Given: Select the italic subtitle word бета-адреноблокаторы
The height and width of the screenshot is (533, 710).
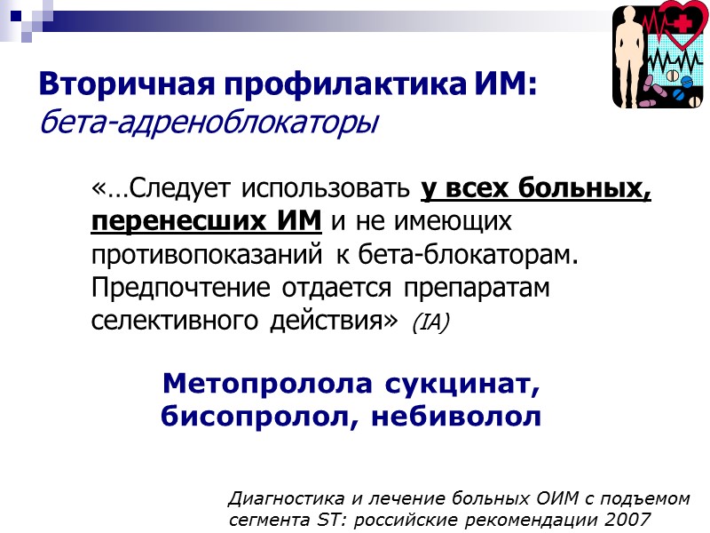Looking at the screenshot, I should [209, 123].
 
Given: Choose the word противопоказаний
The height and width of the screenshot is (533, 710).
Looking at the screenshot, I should [208, 254].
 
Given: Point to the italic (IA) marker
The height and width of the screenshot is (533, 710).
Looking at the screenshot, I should [432, 322].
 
